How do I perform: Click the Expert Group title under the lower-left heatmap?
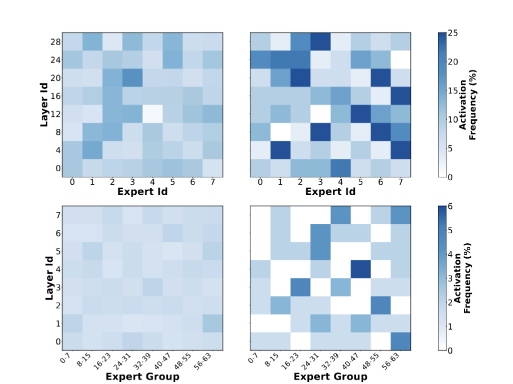point(142,376)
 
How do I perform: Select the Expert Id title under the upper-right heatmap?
point(331,191)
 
